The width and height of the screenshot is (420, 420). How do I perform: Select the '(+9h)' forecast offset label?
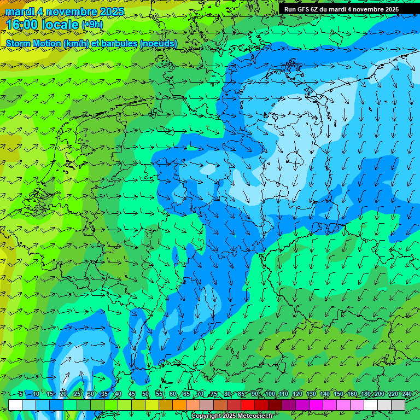pos(92,25)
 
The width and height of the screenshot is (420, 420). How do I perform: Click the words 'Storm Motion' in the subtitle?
pos(33,43)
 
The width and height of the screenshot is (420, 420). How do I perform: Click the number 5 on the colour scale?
pos(21,394)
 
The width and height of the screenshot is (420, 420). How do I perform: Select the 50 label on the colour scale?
pos(145,394)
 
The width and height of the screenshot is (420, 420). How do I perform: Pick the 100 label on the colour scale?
pos(270,394)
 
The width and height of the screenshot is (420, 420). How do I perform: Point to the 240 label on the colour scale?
pos(407,394)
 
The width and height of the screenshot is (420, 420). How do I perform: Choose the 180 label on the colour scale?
pos(366,394)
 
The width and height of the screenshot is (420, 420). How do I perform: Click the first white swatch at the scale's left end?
pos(15,405)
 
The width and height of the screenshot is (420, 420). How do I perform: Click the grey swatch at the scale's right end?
pos(398,405)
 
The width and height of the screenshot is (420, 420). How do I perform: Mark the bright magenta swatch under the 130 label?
pos(316,405)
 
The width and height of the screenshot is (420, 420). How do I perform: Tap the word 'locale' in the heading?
pos(59,25)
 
